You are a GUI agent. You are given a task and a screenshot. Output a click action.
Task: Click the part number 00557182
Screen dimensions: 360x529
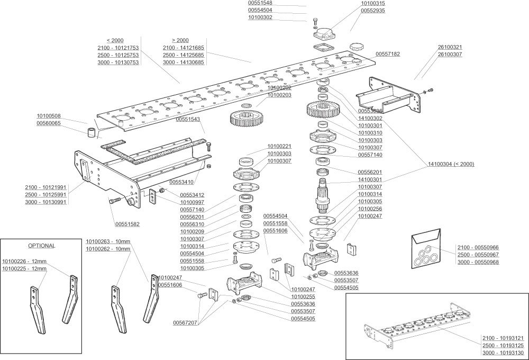(x=388, y=54)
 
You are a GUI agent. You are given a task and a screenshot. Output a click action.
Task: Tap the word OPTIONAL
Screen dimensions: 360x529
(x=41, y=246)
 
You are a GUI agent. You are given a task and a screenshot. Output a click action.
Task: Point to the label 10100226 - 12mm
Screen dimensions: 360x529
(x=24, y=261)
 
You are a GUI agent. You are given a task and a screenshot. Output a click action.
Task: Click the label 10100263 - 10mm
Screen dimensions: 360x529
(x=108, y=242)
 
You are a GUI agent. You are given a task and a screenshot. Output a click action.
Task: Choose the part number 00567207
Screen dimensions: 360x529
(x=185, y=322)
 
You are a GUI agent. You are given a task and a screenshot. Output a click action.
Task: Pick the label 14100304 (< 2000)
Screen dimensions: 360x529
(x=451, y=164)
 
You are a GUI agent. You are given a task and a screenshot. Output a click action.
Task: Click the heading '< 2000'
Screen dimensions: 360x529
(x=115, y=41)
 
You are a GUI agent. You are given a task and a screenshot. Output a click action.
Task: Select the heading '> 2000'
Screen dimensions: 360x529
(x=180, y=40)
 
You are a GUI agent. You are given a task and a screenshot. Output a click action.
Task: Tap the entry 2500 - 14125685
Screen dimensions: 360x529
(x=184, y=55)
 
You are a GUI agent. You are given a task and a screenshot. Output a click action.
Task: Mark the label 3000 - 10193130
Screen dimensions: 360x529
(x=503, y=353)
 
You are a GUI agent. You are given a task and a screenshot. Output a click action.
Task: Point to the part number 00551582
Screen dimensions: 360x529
(x=127, y=224)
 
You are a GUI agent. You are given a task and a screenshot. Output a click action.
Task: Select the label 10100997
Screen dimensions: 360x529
(x=193, y=202)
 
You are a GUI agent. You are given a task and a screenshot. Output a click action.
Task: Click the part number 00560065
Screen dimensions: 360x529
(x=49, y=123)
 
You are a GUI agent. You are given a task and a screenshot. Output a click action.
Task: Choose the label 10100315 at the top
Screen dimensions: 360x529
(x=373, y=3)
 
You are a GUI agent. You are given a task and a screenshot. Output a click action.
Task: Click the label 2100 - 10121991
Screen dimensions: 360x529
(x=45, y=187)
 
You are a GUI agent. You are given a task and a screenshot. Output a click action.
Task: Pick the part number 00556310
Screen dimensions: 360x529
(x=192, y=224)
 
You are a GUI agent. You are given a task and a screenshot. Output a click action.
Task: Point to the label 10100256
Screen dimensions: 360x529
(x=370, y=209)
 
